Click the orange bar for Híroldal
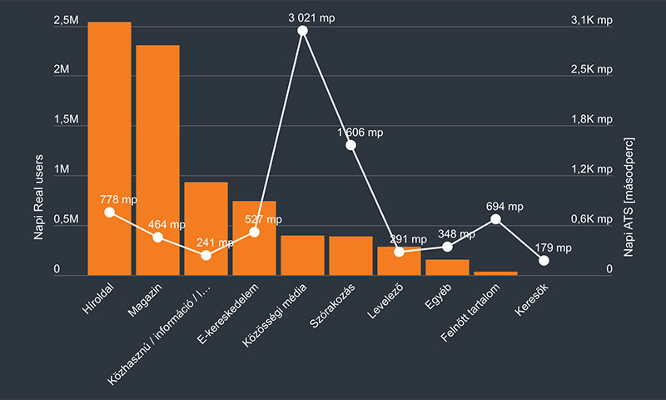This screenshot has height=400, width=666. [109, 150]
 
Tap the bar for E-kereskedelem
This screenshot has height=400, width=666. [254, 242]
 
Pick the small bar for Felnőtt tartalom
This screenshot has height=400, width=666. [495, 273]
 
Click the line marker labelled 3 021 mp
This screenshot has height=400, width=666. [302, 31]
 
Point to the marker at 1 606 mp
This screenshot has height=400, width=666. [350, 145]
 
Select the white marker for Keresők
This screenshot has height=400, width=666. [544, 260]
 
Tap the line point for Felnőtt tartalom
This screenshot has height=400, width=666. [495, 219]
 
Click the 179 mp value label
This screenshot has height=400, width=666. [552, 247]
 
